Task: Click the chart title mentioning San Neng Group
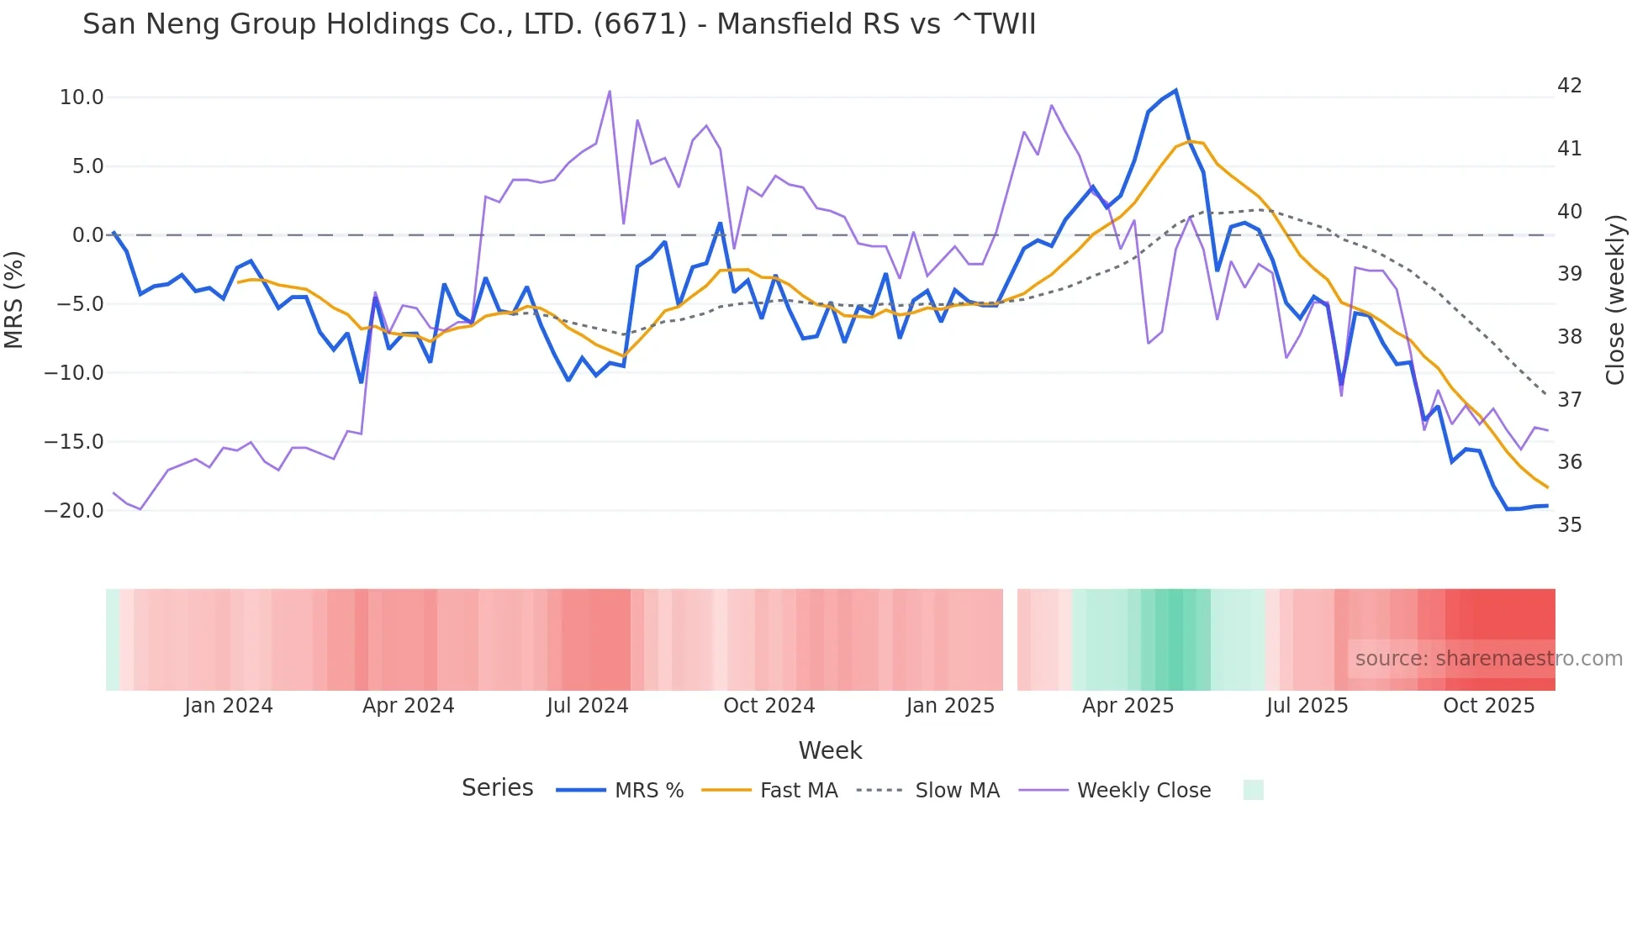(x=559, y=24)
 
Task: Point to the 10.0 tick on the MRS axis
(x=82, y=97)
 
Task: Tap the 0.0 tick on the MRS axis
(x=87, y=235)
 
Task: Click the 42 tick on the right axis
(x=1569, y=86)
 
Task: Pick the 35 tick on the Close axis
(x=1569, y=525)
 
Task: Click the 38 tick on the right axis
(x=1569, y=337)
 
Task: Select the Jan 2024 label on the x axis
(x=229, y=706)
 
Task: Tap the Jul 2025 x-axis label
(x=1307, y=706)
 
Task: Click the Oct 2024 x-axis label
(x=769, y=706)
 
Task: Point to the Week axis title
(x=830, y=750)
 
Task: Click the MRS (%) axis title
(x=14, y=299)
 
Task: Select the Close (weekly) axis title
(x=1615, y=299)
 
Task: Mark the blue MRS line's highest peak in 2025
(x=1175, y=90)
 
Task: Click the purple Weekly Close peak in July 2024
(x=610, y=91)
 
